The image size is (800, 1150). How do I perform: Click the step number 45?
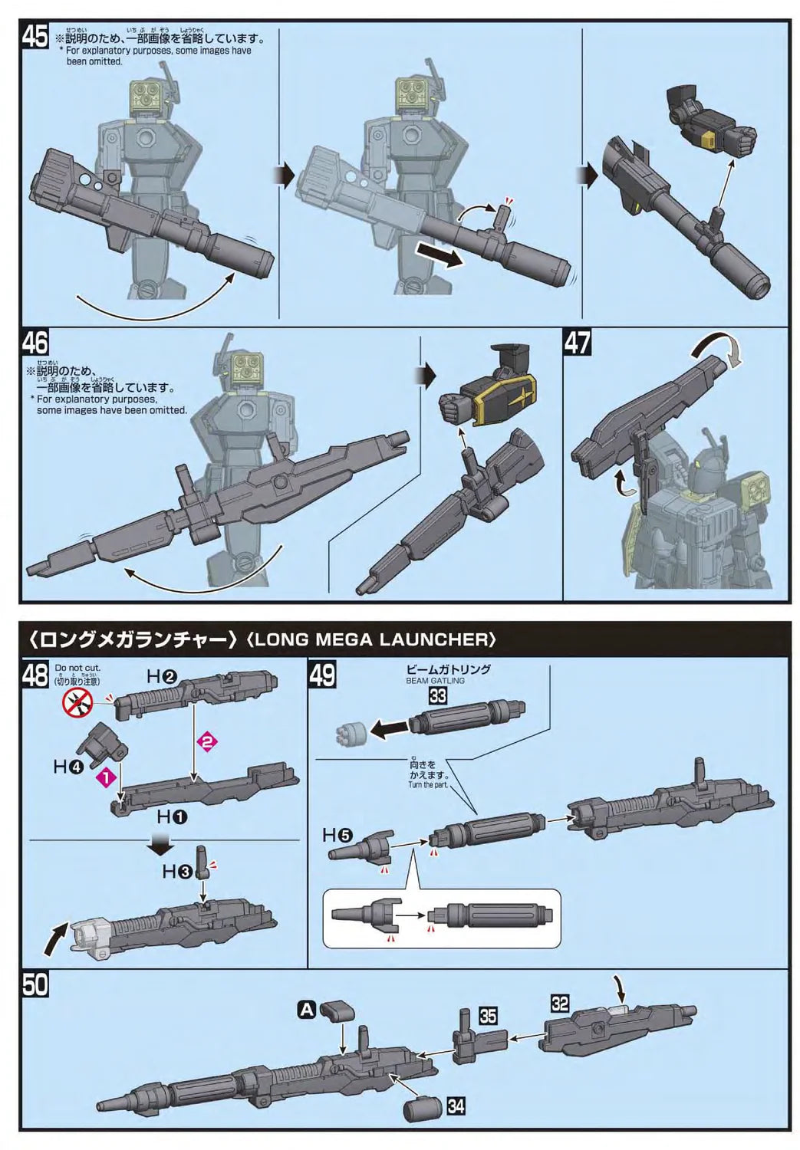point(35,35)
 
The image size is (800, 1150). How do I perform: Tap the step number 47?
point(578,342)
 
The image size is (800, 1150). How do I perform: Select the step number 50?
point(35,984)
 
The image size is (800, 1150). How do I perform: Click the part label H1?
point(172,816)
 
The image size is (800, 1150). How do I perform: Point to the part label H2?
point(162,676)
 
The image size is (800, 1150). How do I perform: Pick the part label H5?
point(337,835)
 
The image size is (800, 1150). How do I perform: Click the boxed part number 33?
point(437,695)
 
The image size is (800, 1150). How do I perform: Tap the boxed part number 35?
point(488,1016)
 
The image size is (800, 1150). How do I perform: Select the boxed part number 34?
point(456,1106)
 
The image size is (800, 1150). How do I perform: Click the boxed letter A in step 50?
point(306,1010)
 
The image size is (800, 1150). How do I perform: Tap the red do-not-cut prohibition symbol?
point(78,699)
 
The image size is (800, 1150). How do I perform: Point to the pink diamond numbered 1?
point(104,776)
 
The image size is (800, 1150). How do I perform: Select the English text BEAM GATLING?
point(435,680)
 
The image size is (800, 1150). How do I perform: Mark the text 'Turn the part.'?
point(429,784)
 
